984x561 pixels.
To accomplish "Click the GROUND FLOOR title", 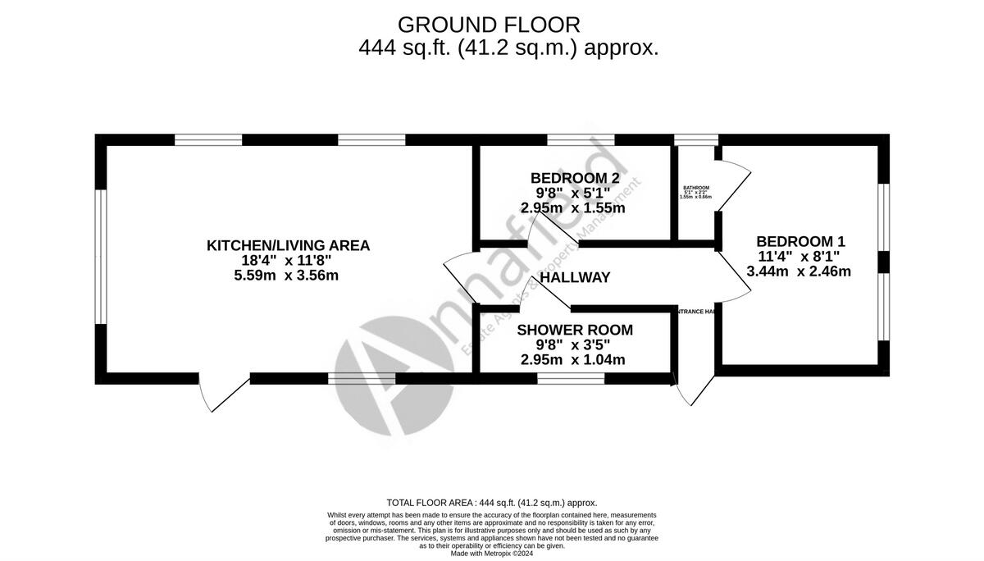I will [x=489, y=25].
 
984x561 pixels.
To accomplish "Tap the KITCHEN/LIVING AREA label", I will [x=288, y=245].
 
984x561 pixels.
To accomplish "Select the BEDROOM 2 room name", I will [x=574, y=178].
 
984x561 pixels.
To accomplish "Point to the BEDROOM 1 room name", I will [x=800, y=242].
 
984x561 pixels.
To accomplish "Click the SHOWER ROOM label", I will [x=575, y=331].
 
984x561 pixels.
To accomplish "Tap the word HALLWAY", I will [x=575, y=278].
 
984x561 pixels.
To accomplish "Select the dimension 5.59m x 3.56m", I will [x=286, y=276].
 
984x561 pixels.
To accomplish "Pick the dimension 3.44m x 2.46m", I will [x=799, y=271].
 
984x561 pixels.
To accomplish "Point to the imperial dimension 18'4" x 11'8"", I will [x=286, y=261].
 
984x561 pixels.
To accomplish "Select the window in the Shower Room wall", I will [x=571, y=378].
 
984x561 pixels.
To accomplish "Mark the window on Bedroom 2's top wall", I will [x=581, y=139].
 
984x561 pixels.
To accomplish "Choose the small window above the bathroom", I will [x=695, y=139].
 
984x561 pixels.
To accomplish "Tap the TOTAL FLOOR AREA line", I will [x=491, y=503].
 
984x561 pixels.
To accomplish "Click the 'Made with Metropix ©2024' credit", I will [x=491, y=554].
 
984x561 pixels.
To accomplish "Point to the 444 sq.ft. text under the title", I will [x=508, y=48].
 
